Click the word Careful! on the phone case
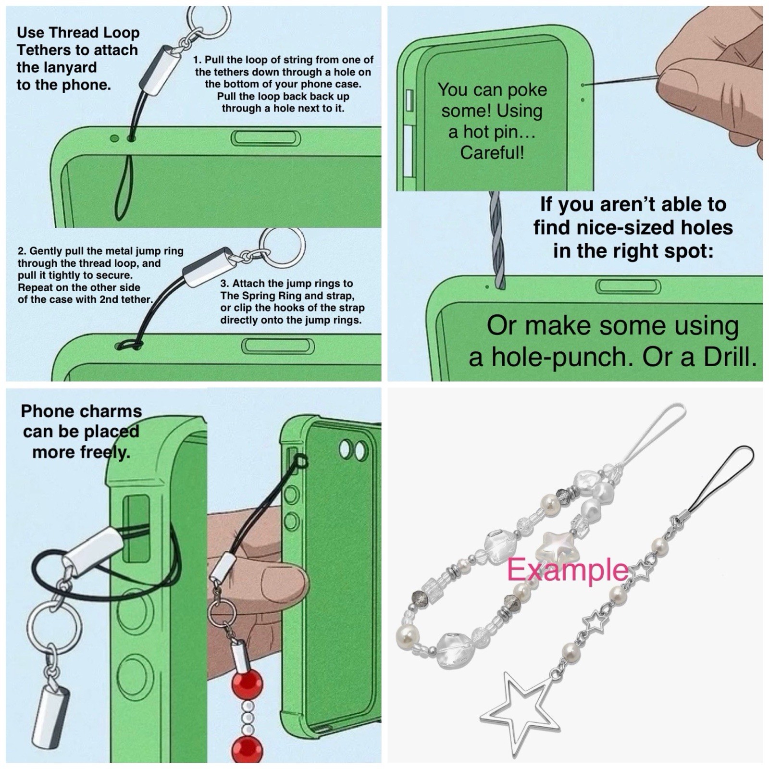coord(492,153)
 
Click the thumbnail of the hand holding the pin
coord(711,82)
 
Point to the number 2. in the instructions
coord(22,251)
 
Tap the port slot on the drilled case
coord(629,286)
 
